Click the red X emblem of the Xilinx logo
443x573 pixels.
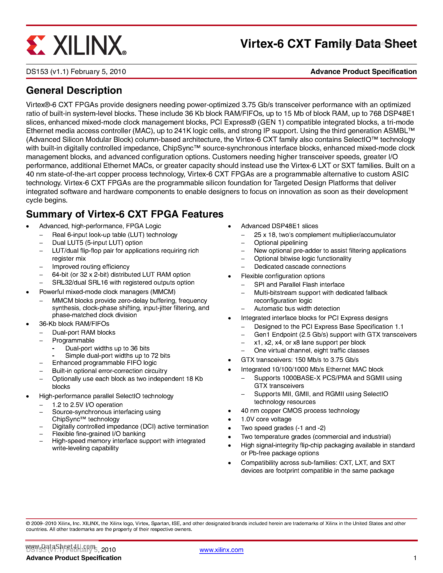tap(36, 45)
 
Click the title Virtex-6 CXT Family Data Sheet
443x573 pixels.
tap(328, 44)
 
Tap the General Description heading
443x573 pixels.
tap(74, 90)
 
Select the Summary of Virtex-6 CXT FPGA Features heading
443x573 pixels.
tap(125, 214)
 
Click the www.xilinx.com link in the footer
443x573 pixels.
tap(221, 550)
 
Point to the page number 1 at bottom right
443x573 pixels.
tap(415, 558)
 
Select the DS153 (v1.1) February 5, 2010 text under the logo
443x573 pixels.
tap(76, 72)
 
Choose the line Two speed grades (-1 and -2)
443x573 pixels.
tap(283, 428)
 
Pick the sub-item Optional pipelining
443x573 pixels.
tap(281, 243)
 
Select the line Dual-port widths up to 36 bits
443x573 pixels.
tap(107, 348)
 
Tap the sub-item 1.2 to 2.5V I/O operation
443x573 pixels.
tap(87, 405)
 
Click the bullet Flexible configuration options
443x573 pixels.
tap(283, 276)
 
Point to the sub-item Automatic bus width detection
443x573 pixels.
tap(297, 309)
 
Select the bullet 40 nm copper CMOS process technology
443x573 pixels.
tap(300, 411)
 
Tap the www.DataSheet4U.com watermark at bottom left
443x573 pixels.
tap(60, 547)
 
